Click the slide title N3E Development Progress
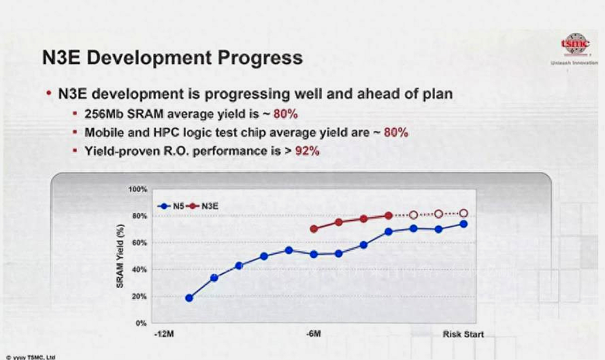pyautogui.click(x=172, y=57)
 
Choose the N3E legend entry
pyautogui.click(x=212, y=205)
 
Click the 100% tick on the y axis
pyautogui.click(x=137, y=189)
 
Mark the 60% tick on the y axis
pyautogui.click(x=139, y=243)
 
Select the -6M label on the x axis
pyautogui.click(x=312, y=334)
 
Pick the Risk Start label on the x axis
pyautogui.click(x=463, y=334)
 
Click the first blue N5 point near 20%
pyautogui.click(x=189, y=298)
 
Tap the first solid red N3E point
pyautogui.click(x=314, y=229)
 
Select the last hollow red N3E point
pyautogui.click(x=464, y=213)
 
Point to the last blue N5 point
pyautogui.click(x=463, y=224)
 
